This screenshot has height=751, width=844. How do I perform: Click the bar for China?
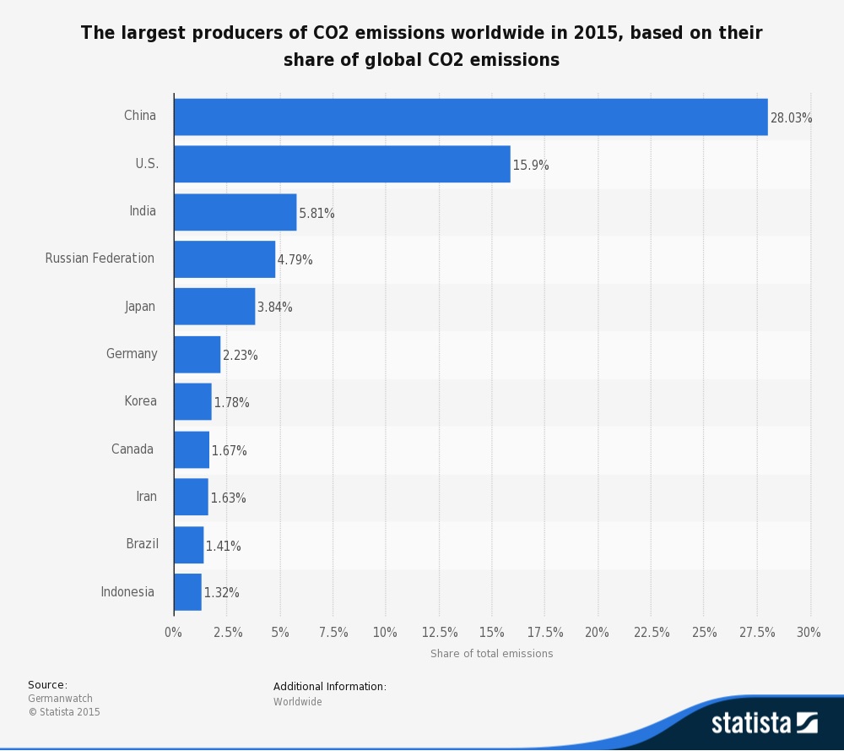(x=470, y=117)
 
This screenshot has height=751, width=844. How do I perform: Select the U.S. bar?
(x=342, y=165)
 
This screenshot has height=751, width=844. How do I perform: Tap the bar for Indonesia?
(x=187, y=592)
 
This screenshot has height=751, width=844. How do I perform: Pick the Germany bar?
(x=197, y=355)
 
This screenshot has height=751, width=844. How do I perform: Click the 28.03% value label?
(x=791, y=118)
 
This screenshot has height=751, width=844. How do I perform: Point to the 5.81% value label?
(x=316, y=214)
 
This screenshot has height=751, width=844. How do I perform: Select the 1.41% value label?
(x=223, y=547)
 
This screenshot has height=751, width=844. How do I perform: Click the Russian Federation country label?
(x=100, y=258)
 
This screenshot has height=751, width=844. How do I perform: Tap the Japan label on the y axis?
(x=140, y=307)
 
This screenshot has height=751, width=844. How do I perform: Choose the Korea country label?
(x=140, y=401)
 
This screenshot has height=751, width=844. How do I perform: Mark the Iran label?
(x=146, y=497)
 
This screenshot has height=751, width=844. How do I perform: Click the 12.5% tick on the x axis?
(x=439, y=633)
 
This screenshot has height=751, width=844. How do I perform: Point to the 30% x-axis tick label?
(x=809, y=633)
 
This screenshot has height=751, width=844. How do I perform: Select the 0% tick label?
(x=173, y=633)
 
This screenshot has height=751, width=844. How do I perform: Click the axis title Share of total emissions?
(x=491, y=654)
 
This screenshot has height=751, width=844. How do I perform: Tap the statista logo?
(x=764, y=723)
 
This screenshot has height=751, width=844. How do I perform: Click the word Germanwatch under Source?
(x=60, y=699)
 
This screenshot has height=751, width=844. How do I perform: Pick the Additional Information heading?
(x=329, y=687)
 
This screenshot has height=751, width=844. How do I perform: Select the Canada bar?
(x=192, y=449)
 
